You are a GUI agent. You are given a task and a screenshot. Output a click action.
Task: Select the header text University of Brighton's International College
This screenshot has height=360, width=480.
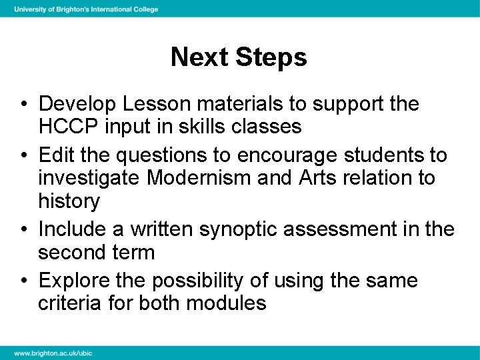click(x=86, y=9)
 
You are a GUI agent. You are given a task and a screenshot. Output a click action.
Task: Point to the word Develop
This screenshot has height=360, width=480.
click(x=76, y=104)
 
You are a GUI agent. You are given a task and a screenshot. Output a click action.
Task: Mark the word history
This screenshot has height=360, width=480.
click(x=69, y=201)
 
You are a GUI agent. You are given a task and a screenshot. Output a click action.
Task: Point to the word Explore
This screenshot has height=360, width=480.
click(x=75, y=281)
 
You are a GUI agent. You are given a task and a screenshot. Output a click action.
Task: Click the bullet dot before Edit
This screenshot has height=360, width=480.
click(x=24, y=156)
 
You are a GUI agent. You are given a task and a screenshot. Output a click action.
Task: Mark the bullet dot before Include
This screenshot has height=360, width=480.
click(x=24, y=229)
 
